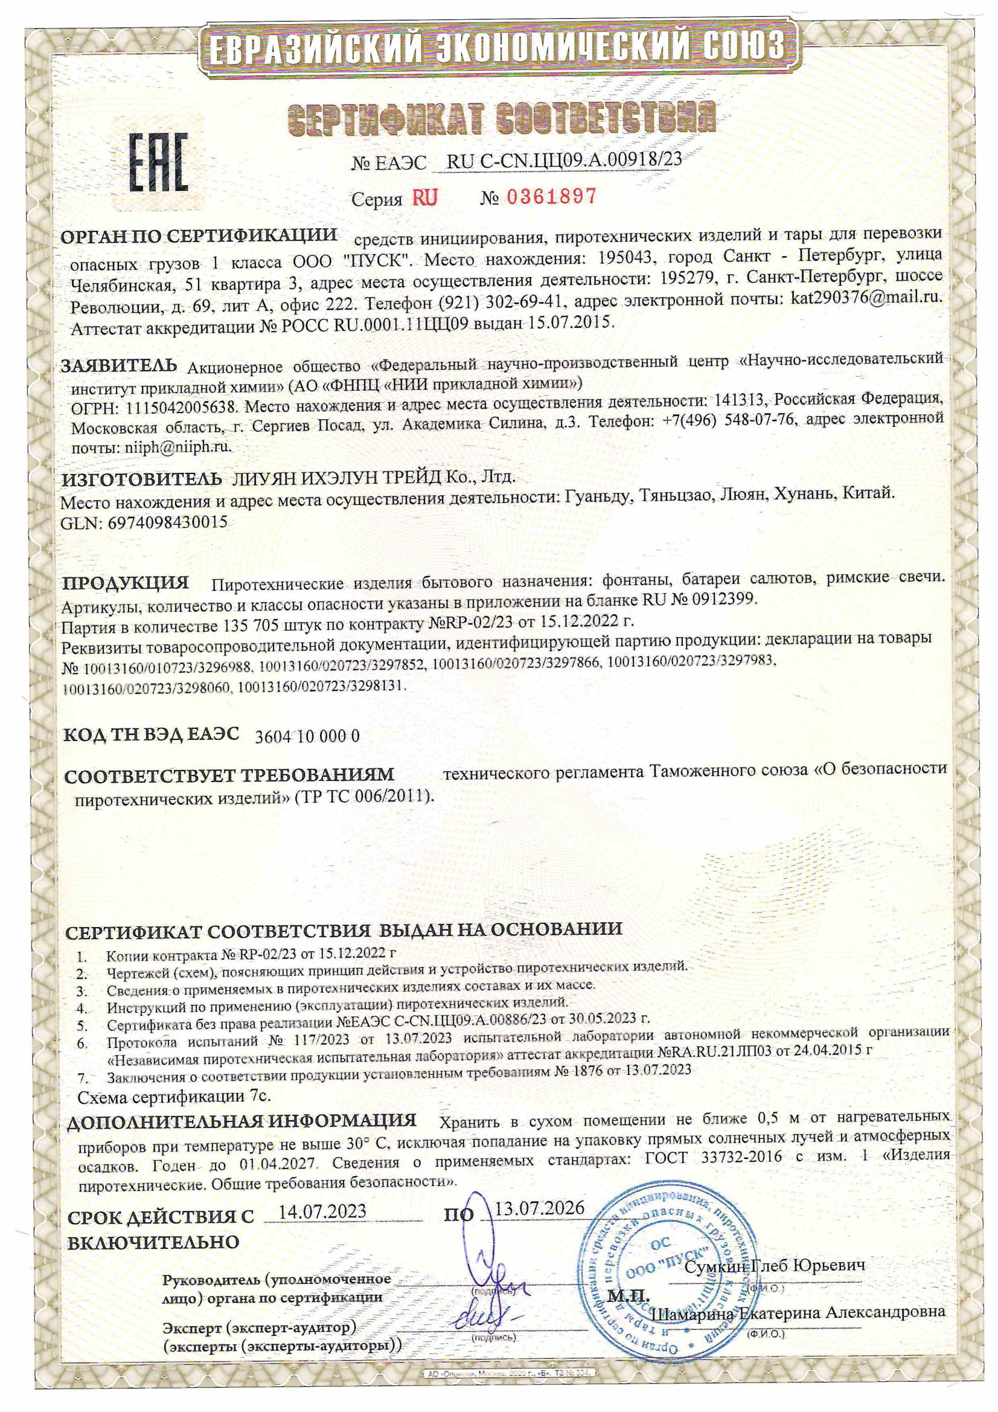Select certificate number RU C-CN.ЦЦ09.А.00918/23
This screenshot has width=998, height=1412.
[564, 161]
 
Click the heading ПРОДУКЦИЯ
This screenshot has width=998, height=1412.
[126, 582]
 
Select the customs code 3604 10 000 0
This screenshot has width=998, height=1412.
[307, 736]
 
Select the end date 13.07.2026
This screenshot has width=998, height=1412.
[539, 1207]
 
